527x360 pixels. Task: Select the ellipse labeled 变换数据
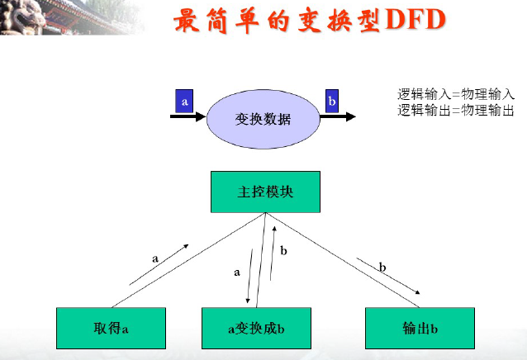tap(263, 118)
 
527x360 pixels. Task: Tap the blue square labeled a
tap(185, 102)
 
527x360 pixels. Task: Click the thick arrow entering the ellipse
tap(188, 117)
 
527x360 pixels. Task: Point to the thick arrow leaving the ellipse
tap(336, 117)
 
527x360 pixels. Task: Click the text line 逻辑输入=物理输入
tap(456, 94)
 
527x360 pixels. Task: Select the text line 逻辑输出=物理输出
tap(456, 110)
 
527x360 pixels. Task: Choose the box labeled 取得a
tap(111, 329)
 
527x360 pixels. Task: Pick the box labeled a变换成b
tap(256, 329)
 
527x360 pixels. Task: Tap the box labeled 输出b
tap(420, 329)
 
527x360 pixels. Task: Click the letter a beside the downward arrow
tap(237, 271)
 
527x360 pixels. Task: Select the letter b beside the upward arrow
tap(284, 249)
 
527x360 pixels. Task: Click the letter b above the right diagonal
tap(382, 267)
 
